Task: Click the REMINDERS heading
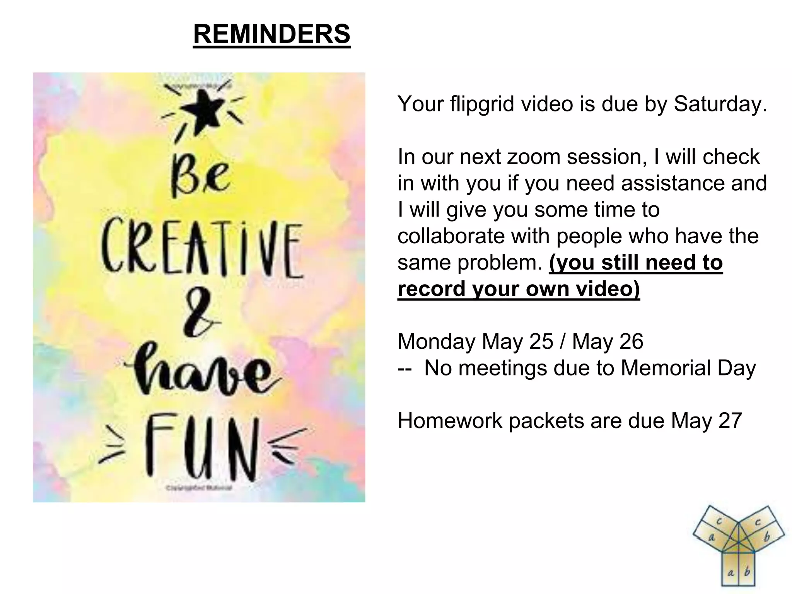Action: click(271, 34)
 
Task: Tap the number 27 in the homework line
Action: click(730, 420)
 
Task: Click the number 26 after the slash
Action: click(631, 341)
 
